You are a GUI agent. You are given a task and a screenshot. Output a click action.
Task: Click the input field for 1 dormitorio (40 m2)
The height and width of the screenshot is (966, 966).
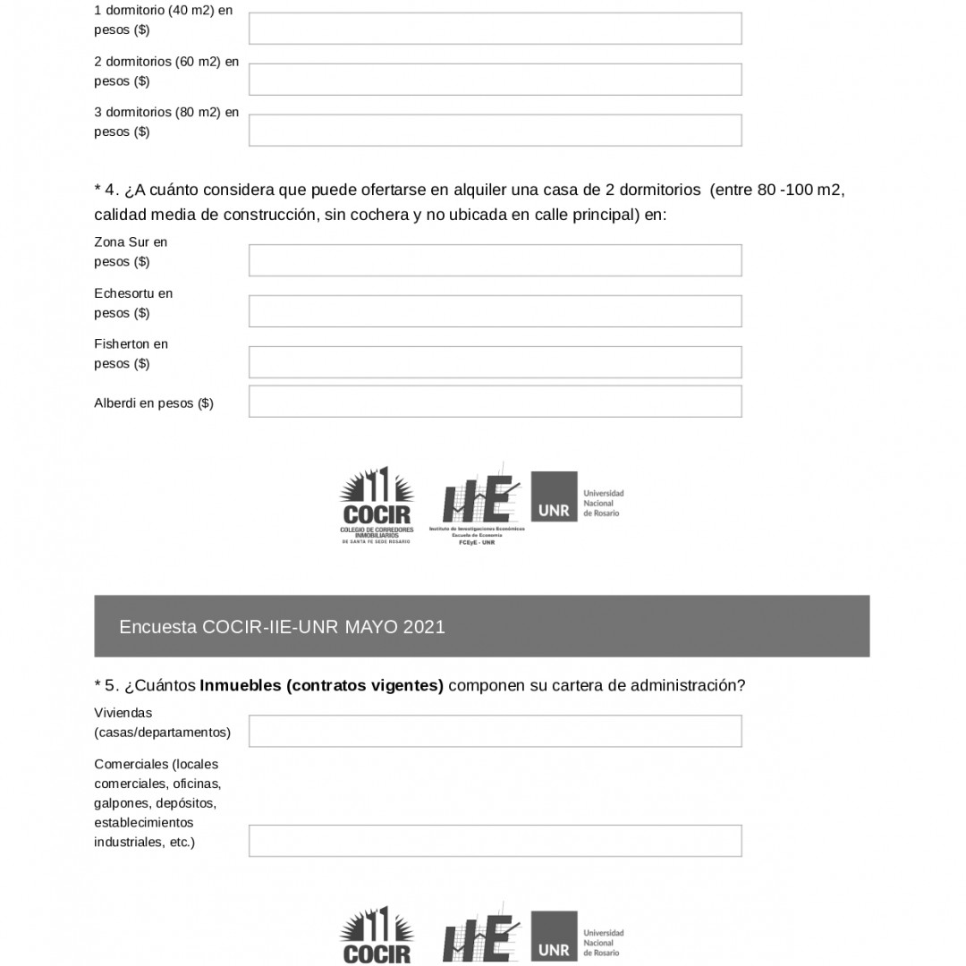point(495,29)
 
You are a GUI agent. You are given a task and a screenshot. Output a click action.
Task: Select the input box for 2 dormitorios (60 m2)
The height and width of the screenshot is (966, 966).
point(495,80)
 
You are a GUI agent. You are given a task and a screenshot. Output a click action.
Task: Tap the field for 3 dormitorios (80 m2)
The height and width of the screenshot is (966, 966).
point(495,131)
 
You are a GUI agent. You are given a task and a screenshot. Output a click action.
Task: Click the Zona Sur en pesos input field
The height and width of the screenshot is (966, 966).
point(495,260)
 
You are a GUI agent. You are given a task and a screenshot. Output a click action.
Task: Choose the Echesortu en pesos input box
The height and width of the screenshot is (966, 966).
point(495,311)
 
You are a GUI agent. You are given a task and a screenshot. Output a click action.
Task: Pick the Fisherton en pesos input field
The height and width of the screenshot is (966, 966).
point(495,362)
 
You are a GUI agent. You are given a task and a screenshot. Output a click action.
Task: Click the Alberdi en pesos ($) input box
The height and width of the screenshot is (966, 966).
point(495,402)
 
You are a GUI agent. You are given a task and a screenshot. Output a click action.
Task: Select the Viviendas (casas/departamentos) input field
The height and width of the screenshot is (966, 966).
point(495,731)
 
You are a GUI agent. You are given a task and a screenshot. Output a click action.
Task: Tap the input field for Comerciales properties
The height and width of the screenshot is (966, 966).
point(495,841)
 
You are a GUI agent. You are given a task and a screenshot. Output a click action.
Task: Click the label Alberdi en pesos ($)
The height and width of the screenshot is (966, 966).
point(154,403)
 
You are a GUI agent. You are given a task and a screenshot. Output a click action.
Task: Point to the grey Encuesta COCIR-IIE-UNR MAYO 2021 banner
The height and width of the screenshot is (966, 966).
point(481,626)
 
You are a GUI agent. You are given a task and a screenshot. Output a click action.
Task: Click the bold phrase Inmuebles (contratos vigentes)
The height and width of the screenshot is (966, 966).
point(321,685)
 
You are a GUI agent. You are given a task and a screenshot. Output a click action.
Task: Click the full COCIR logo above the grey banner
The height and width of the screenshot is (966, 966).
point(377,505)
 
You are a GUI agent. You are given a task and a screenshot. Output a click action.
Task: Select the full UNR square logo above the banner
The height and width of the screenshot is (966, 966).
point(554,496)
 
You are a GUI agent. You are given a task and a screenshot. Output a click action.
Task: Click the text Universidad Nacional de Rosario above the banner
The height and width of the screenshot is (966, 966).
point(603,504)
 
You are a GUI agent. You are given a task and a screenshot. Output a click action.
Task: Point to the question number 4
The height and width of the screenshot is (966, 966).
point(111,190)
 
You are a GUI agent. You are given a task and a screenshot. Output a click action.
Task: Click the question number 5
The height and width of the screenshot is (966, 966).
point(111,685)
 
